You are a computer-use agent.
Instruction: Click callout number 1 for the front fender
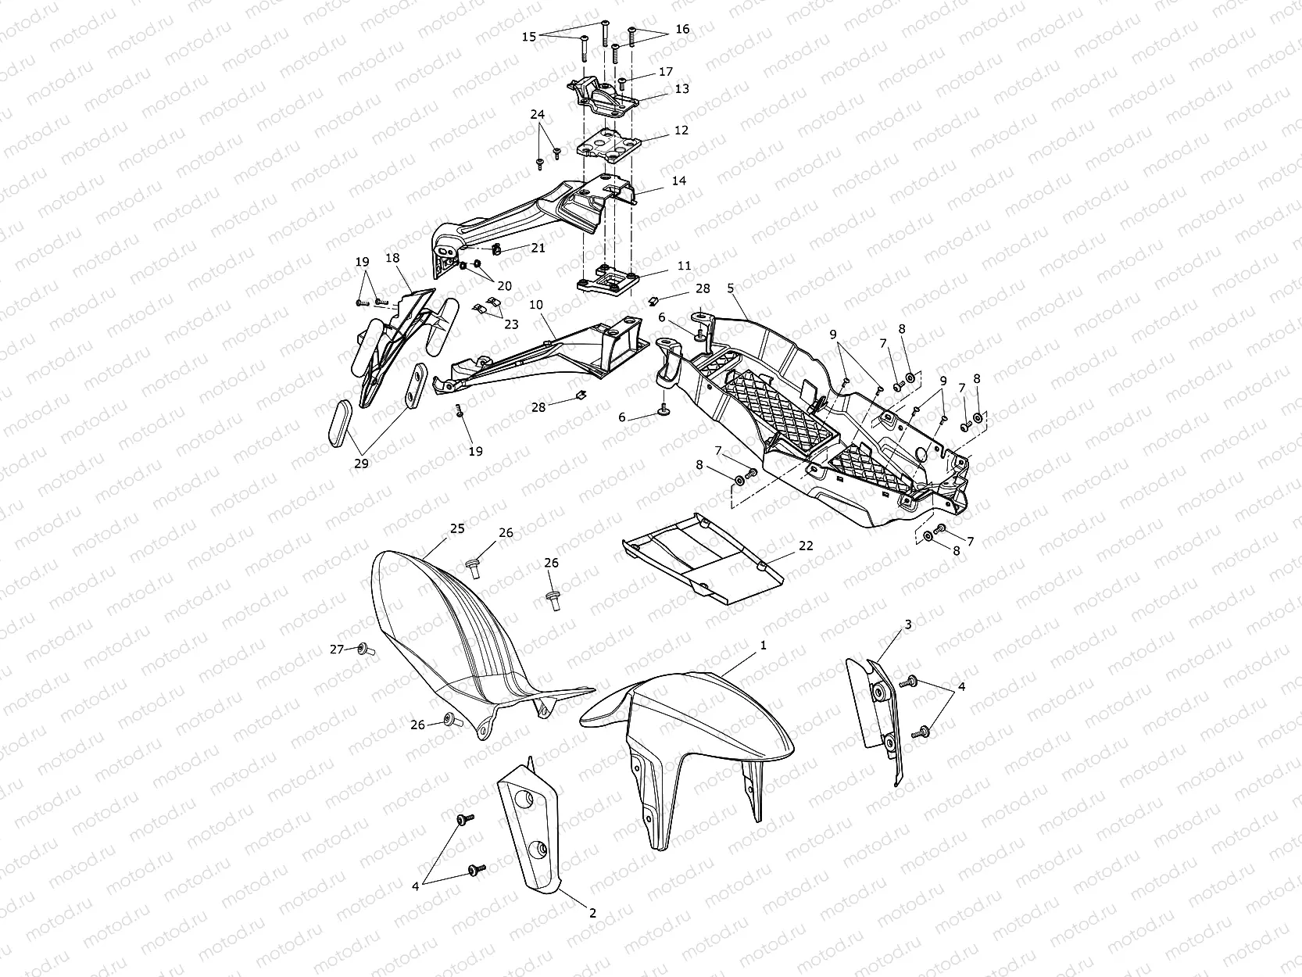[x=764, y=645]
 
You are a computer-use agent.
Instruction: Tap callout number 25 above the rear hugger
[x=457, y=528]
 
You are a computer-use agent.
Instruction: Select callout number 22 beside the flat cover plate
[x=806, y=546]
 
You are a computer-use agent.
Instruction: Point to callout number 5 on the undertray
[x=731, y=288]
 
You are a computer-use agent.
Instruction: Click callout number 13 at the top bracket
[x=681, y=89]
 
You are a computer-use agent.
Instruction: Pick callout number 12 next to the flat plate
[x=681, y=130]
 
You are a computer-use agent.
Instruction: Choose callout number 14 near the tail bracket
[x=678, y=181]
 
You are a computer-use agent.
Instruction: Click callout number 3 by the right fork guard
[x=908, y=624]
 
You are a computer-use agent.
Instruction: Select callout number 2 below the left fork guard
[x=592, y=913]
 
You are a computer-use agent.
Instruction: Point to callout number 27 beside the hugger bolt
[x=337, y=649]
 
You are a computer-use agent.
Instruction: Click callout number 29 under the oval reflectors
[x=360, y=463]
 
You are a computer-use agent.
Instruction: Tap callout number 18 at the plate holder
[x=392, y=257]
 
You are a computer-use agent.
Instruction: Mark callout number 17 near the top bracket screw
[x=666, y=71]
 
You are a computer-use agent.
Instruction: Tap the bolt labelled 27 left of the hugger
[x=364, y=649]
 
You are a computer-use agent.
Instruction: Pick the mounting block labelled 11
[x=613, y=281]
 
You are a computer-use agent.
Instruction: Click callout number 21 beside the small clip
[x=538, y=248]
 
